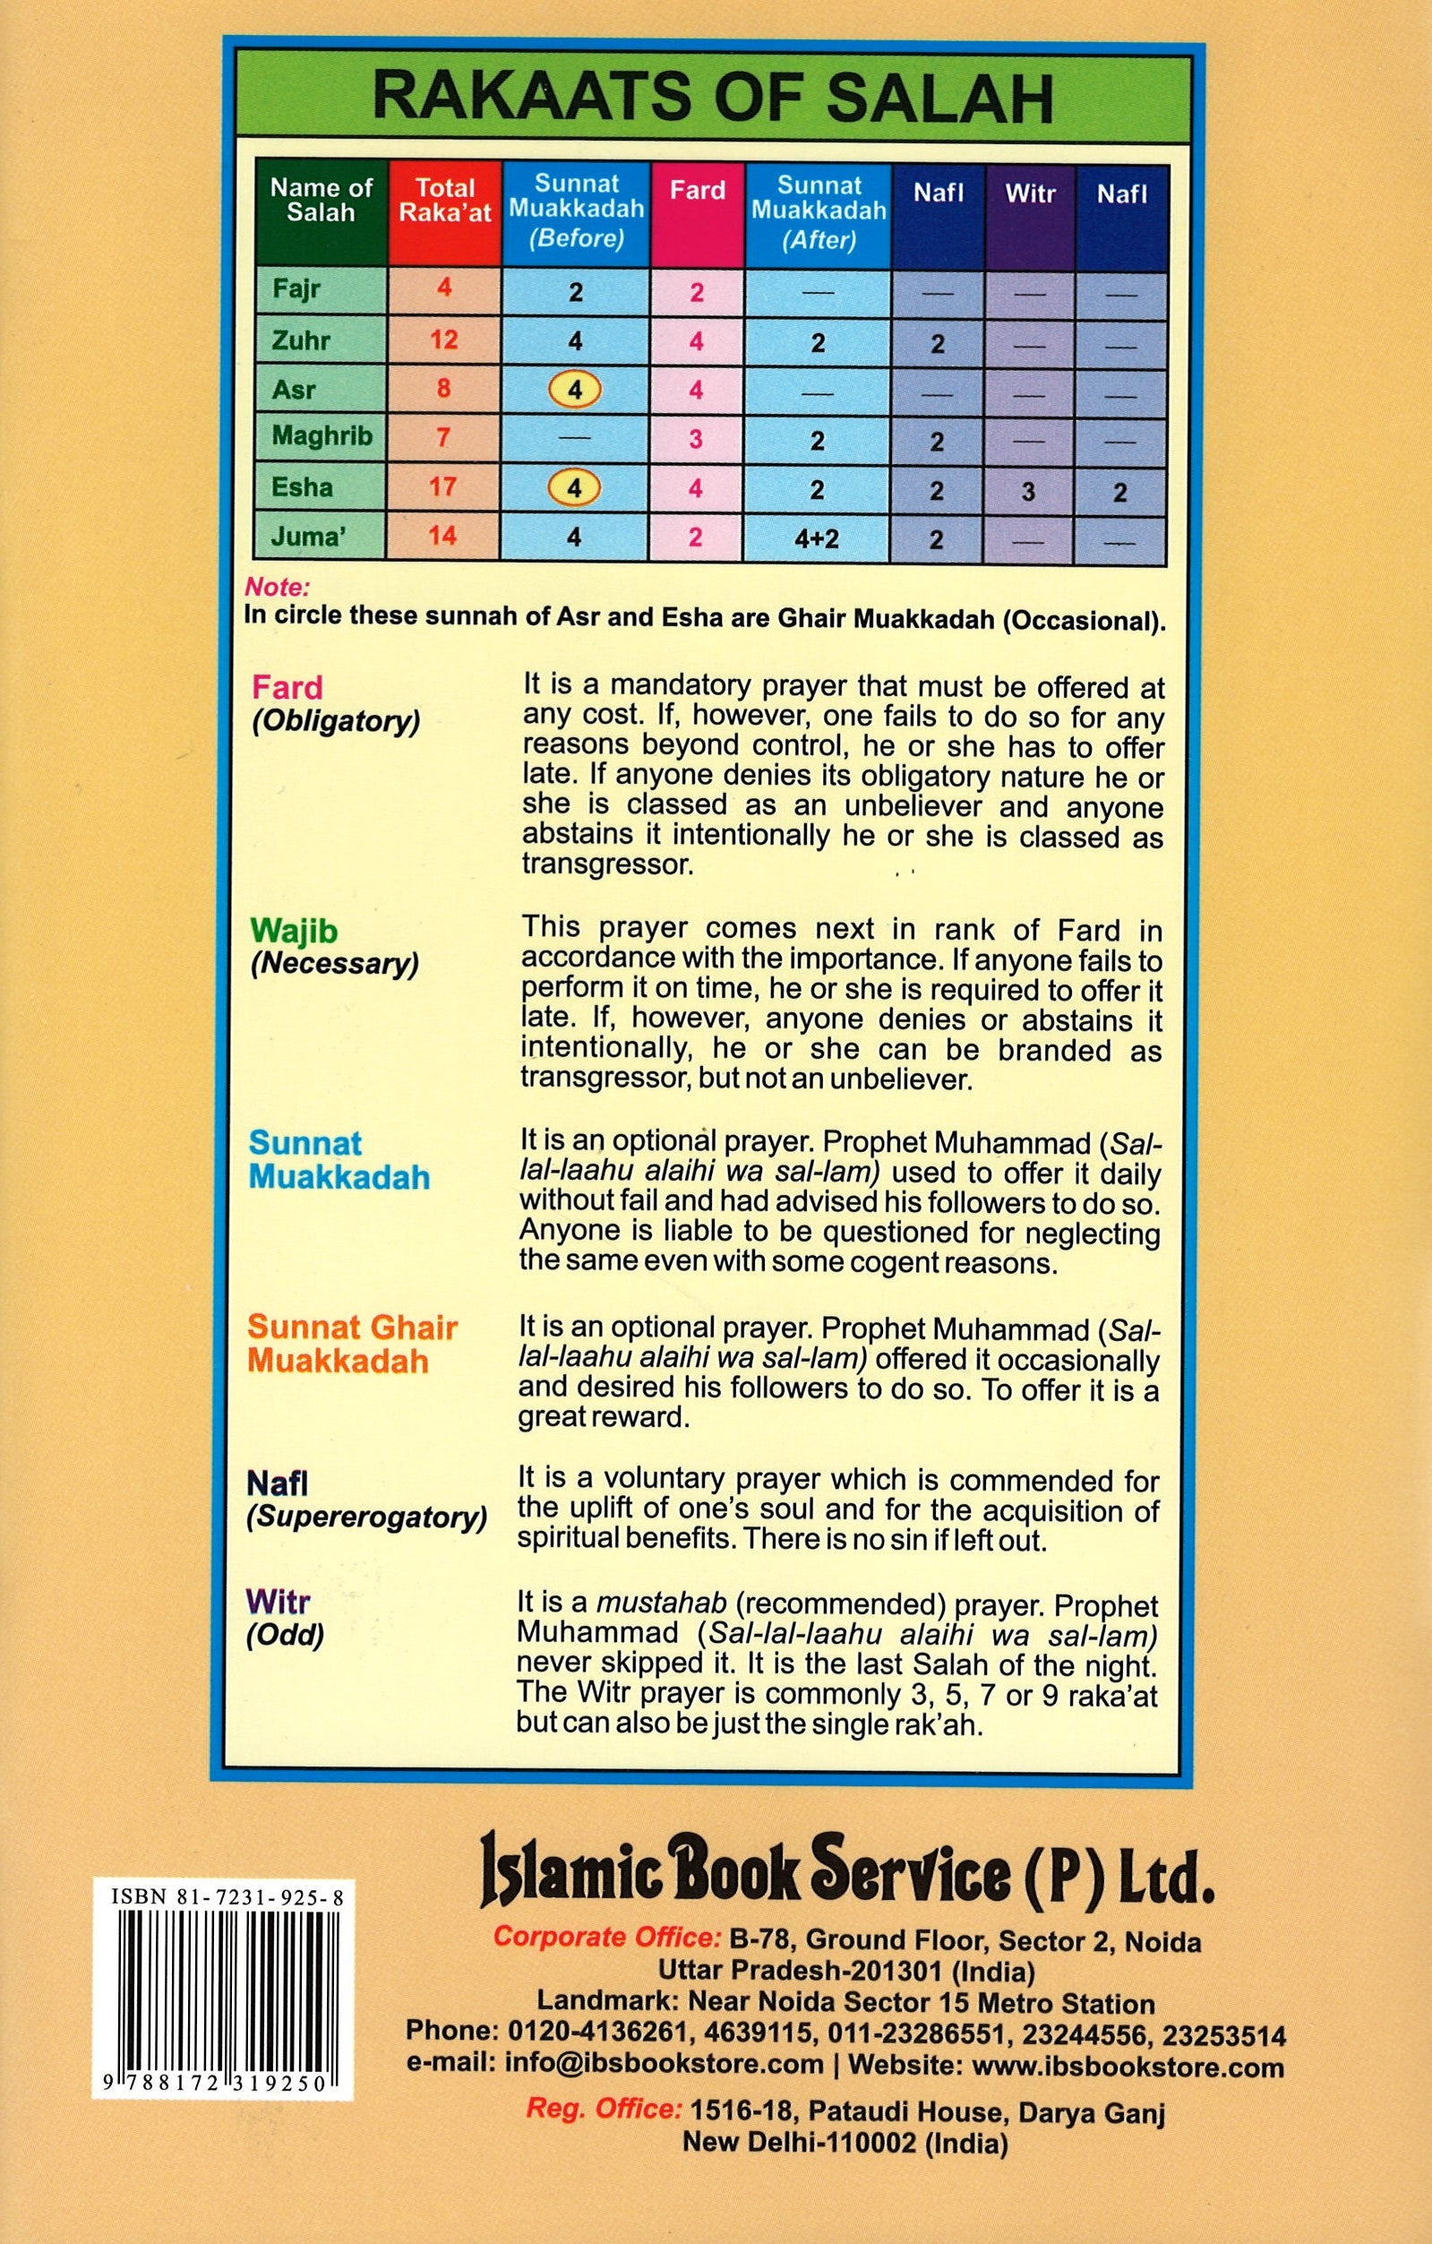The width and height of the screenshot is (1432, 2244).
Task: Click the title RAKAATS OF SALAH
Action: [713, 99]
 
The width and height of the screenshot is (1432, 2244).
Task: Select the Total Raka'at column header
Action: [444, 201]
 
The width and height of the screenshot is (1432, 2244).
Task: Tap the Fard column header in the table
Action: [697, 190]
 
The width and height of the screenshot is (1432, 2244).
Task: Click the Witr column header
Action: [1030, 193]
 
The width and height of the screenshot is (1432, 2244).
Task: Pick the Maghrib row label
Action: [322, 435]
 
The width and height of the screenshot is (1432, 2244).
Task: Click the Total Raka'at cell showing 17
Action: [442, 486]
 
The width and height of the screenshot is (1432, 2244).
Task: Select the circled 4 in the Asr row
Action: [575, 390]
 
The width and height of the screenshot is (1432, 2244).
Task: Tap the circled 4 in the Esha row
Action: [574, 487]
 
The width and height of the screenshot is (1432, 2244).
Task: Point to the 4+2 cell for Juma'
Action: [816, 537]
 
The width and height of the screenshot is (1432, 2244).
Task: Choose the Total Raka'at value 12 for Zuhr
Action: [443, 340]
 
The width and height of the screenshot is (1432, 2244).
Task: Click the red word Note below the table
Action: [277, 588]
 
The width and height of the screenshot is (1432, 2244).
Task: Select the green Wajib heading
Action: [294, 930]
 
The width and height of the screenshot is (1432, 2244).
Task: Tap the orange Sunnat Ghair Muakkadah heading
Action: [351, 1344]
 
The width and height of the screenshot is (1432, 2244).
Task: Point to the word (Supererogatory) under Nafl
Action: [366, 1517]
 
